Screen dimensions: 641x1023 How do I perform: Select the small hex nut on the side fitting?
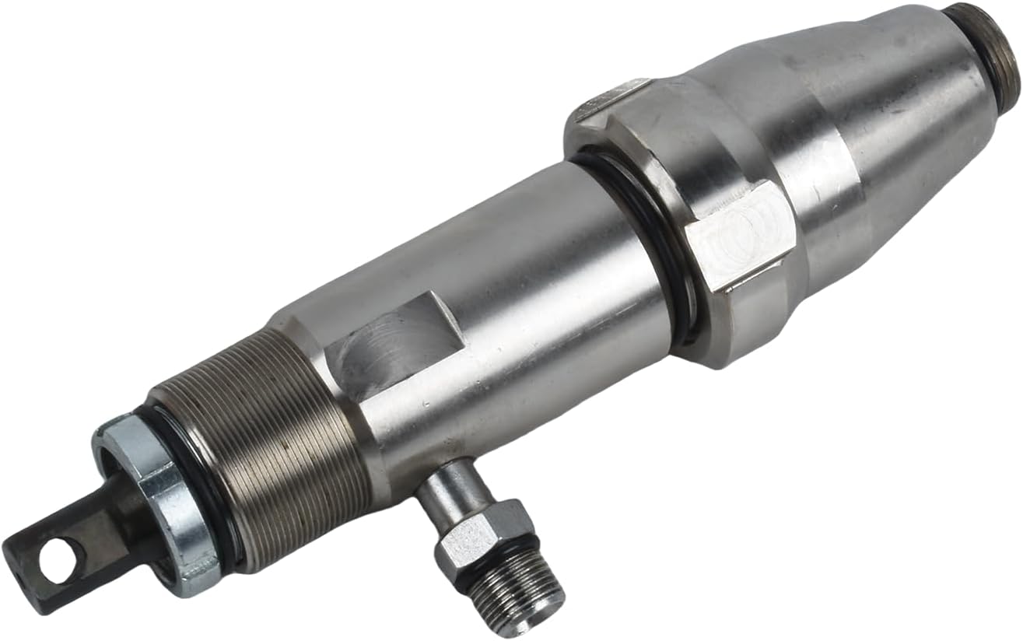482,537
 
